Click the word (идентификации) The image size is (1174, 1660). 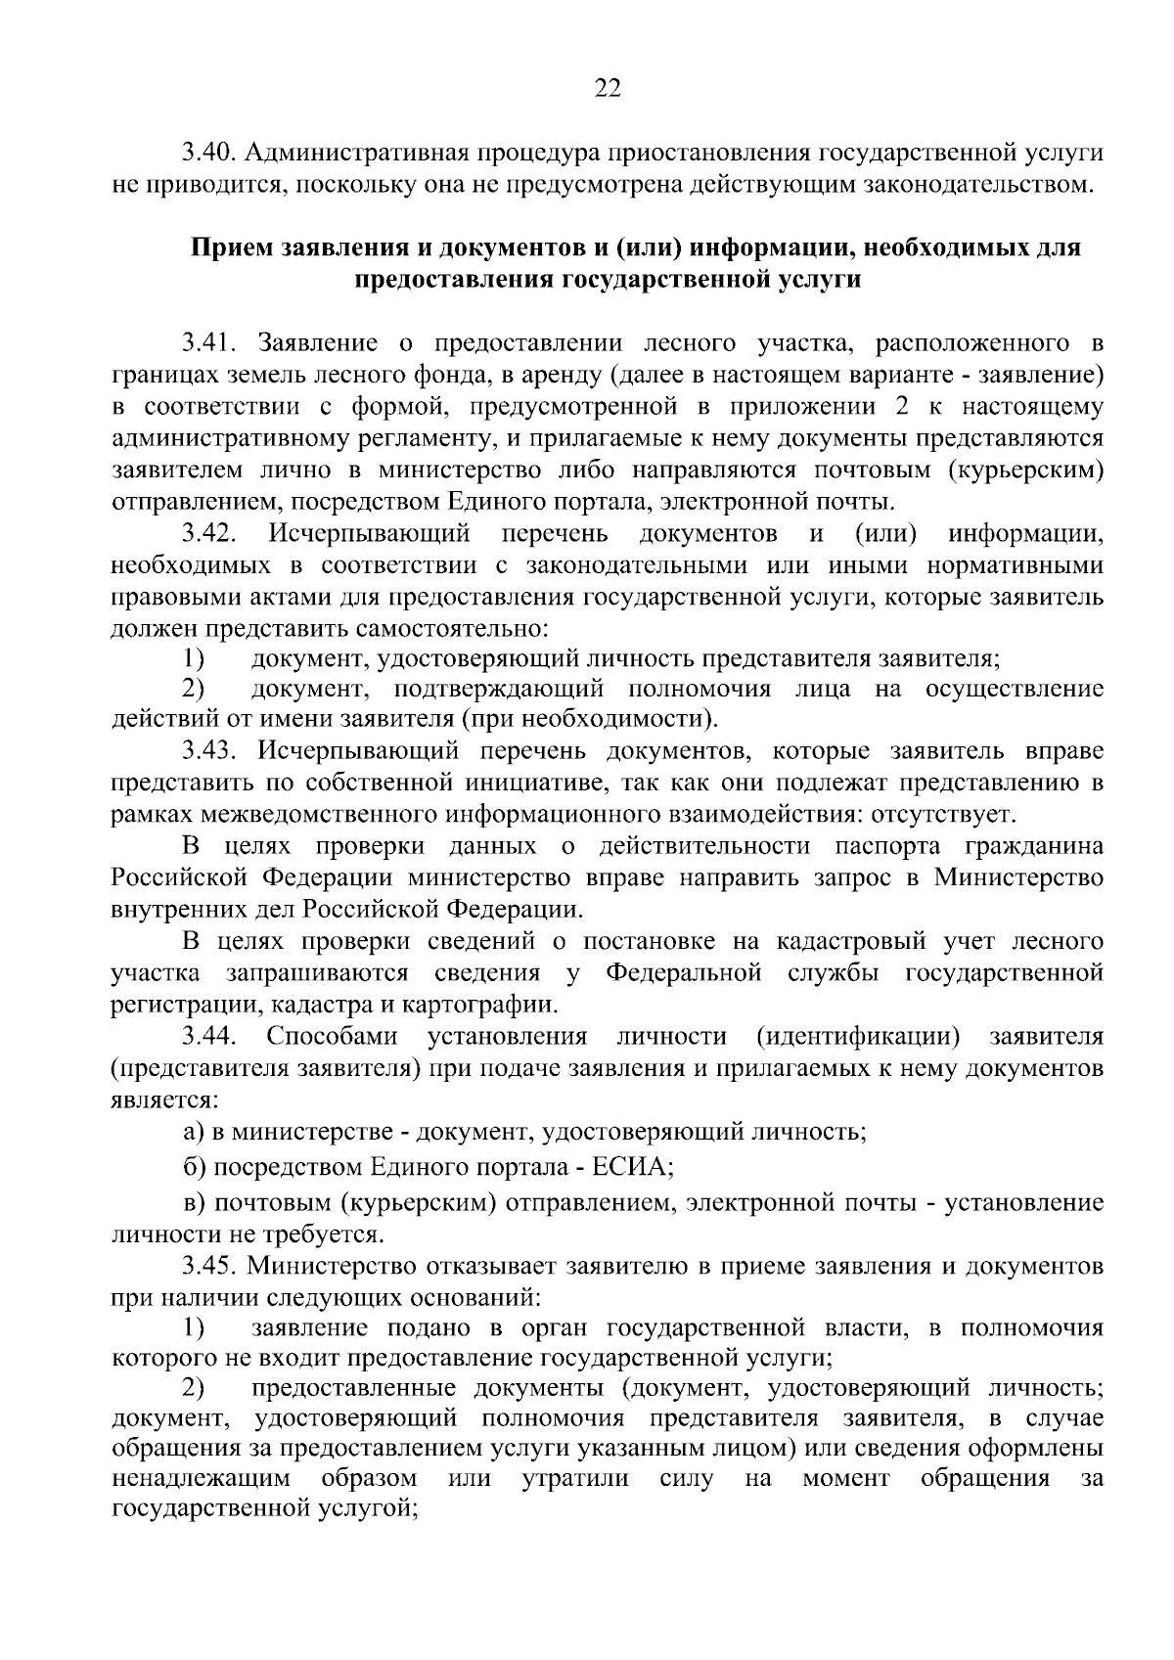click(x=857, y=1036)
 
